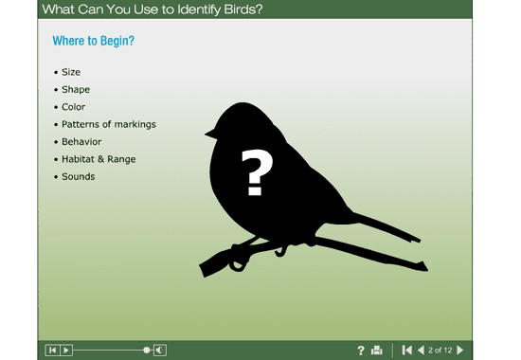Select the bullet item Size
(x=71, y=72)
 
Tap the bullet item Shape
(x=76, y=90)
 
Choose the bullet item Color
(x=73, y=107)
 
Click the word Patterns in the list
(x=82, y=124)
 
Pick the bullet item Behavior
(x=81, y=142)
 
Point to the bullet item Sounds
(x=78, y=176)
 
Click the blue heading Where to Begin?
(x=93, y=42)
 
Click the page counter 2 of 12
(x=440, y=351)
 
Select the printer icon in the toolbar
(x=377, y=351)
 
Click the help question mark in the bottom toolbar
(x=361, y=351)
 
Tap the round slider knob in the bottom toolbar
(x=147, y=351)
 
